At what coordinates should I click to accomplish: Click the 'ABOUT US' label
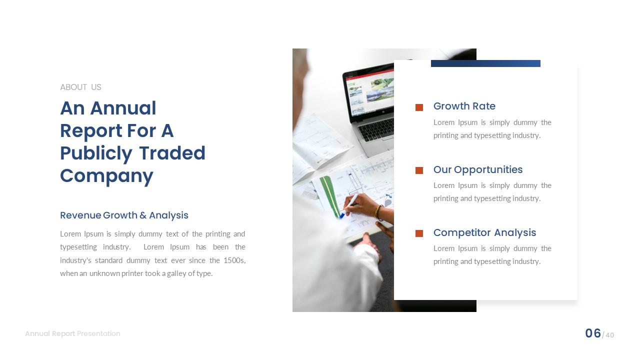80,87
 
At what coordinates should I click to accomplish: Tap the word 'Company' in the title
106,176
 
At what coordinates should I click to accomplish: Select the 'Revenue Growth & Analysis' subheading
124,215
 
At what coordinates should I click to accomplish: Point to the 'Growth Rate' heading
464,106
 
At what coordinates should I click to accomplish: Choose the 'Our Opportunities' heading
477,169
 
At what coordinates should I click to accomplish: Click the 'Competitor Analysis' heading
484,232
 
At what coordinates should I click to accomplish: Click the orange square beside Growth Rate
419,107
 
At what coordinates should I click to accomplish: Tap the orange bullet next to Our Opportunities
419,170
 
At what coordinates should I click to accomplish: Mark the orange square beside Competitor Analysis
419,233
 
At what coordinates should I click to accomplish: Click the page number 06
593,333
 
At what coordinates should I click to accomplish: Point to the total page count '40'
609,335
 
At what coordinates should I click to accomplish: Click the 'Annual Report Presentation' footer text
72,333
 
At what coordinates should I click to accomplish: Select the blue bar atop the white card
485,63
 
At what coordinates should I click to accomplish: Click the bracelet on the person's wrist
379,213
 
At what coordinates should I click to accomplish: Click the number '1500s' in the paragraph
234,260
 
